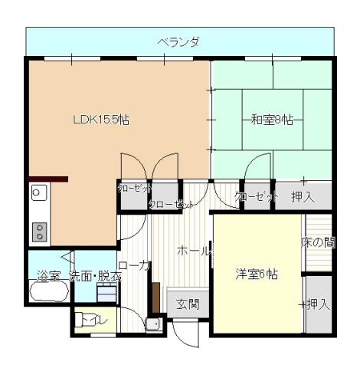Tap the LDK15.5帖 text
(x=100, y=120)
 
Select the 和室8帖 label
(x=271, y=120)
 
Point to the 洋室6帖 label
(x=256, y=274)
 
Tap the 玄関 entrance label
(x=188, y=303)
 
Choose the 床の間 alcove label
(x=317, y=243)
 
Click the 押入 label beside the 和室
(x=303, y=197)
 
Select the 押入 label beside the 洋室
(x=317, y=304)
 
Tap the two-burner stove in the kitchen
(x=39, y=231)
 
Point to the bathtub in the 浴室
(x=48, y=292)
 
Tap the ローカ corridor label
(x=134, y=265)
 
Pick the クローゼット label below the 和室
(x=257, y=197)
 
